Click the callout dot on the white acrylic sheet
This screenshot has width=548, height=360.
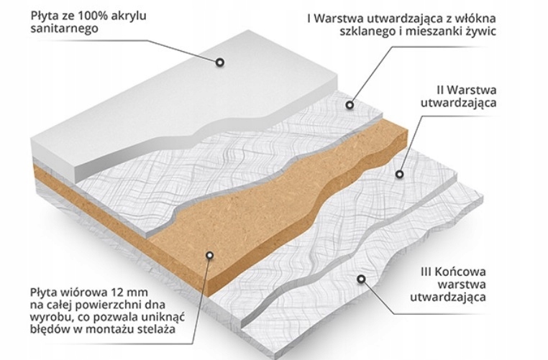pyautogui.click(x=220, y=63)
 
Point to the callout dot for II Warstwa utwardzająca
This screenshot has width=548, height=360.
pyautogui.click(x=400, y=173)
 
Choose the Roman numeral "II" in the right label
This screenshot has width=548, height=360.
pyautogui.click(x=439, y=91)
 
